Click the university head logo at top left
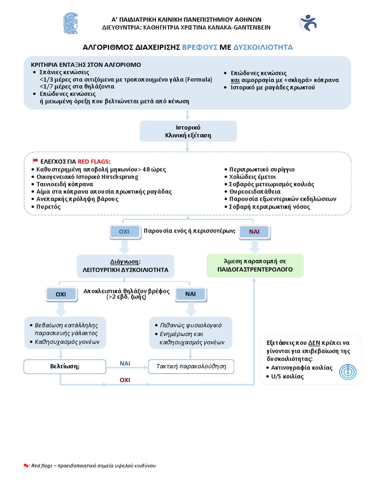[71, 23]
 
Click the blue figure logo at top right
[308, 23]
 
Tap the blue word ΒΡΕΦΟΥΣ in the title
[200, 47]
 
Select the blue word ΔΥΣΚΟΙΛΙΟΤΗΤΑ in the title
[263, 47]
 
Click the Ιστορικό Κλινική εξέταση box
[188, 131]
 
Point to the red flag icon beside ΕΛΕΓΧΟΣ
[35, 161]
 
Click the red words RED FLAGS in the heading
[93, 161]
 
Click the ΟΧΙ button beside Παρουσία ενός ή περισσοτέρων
[124, 232]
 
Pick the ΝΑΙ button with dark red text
[254, 232]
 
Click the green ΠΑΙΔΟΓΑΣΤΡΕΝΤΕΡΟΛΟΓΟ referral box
[255, 266]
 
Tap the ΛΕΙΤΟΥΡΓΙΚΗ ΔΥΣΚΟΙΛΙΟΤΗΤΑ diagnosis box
[125, 266]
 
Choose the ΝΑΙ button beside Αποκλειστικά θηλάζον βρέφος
[190, 294]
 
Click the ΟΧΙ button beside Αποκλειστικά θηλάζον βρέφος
[61, 294]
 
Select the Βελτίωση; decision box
[65, 367]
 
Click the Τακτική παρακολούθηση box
[191, 367]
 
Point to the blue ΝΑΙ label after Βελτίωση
[125, 363]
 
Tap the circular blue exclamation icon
[348, 372]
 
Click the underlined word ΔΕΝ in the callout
[314, 343]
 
